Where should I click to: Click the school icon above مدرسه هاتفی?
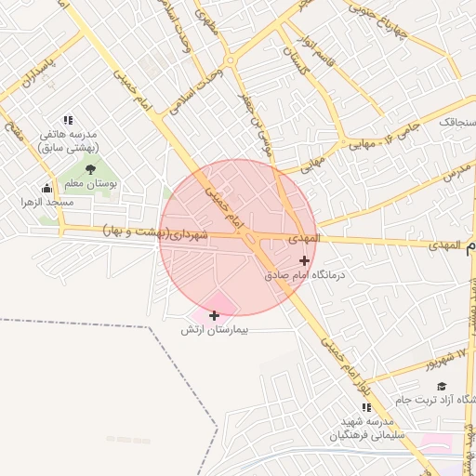(67, 120)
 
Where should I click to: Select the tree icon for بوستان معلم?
(90, 168)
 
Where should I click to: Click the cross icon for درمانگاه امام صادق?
(304, 260)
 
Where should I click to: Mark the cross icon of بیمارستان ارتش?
(215, 315)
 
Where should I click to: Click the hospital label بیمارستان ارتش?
(216, 330)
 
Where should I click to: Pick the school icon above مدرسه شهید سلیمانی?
(365, 407)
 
